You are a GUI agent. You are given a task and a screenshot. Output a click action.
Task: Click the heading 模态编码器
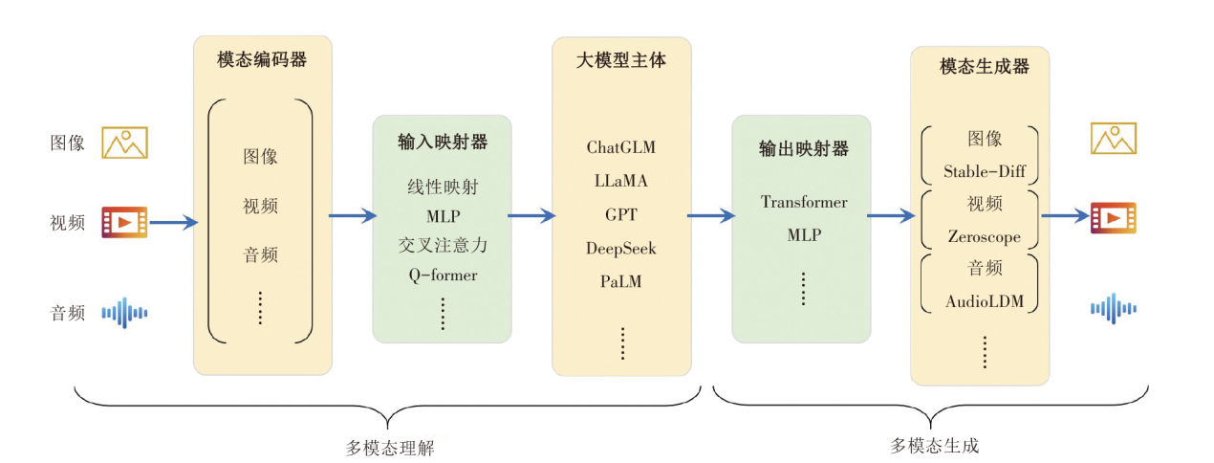(262, 60)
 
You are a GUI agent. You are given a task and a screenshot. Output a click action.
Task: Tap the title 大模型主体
(621, 60)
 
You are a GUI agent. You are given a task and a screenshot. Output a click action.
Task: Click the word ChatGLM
(621, 148)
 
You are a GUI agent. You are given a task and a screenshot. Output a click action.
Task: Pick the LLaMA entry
(621, 182)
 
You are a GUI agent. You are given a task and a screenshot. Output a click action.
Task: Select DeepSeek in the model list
(621, 249)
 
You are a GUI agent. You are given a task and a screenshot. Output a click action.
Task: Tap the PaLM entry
(621, 282)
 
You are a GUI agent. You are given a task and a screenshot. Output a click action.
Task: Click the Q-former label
(443, 276)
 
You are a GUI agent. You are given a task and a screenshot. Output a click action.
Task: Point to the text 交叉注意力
(443, 246)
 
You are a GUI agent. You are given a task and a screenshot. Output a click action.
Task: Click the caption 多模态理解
(389, 448)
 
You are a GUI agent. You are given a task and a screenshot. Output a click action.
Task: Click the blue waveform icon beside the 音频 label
(125, 312)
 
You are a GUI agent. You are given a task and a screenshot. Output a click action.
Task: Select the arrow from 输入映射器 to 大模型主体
(531, 216)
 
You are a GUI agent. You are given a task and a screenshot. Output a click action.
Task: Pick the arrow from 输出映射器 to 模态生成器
(891, 216)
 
